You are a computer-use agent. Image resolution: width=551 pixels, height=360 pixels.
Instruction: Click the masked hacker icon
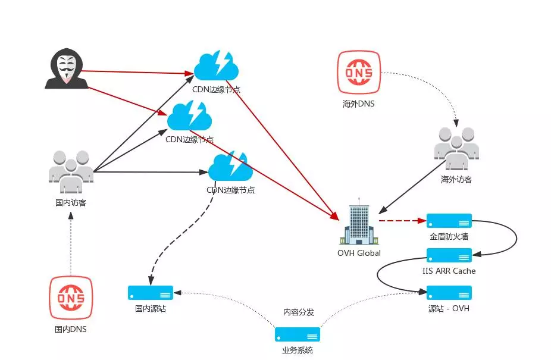67,70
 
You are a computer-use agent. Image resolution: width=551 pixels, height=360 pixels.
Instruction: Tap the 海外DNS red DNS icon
359,73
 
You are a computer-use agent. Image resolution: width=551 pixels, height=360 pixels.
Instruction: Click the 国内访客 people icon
71,172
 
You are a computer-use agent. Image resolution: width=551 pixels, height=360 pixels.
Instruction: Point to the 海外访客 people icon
456,146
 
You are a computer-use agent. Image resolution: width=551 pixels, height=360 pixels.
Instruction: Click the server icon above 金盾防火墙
449,221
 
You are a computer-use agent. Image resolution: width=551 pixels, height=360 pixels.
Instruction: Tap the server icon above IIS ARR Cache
449,256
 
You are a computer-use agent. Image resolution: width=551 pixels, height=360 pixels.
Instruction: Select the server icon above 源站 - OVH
449,293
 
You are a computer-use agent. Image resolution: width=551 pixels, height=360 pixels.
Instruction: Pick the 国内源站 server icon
151,293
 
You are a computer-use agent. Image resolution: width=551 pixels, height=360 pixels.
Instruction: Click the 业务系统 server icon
298,334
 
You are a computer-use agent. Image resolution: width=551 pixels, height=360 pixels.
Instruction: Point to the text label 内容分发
298,312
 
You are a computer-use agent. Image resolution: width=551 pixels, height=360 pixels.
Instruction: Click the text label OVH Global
358,253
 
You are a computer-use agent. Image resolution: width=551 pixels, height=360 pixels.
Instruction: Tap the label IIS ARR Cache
449,271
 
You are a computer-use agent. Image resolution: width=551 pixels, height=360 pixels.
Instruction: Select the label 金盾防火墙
449,236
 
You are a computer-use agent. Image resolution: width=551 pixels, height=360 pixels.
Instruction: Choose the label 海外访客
456,179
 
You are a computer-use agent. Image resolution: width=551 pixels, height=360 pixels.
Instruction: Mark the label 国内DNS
71,328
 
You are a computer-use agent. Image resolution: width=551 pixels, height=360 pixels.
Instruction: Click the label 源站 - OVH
449,308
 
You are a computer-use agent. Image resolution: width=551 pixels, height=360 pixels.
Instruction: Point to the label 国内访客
71,202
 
